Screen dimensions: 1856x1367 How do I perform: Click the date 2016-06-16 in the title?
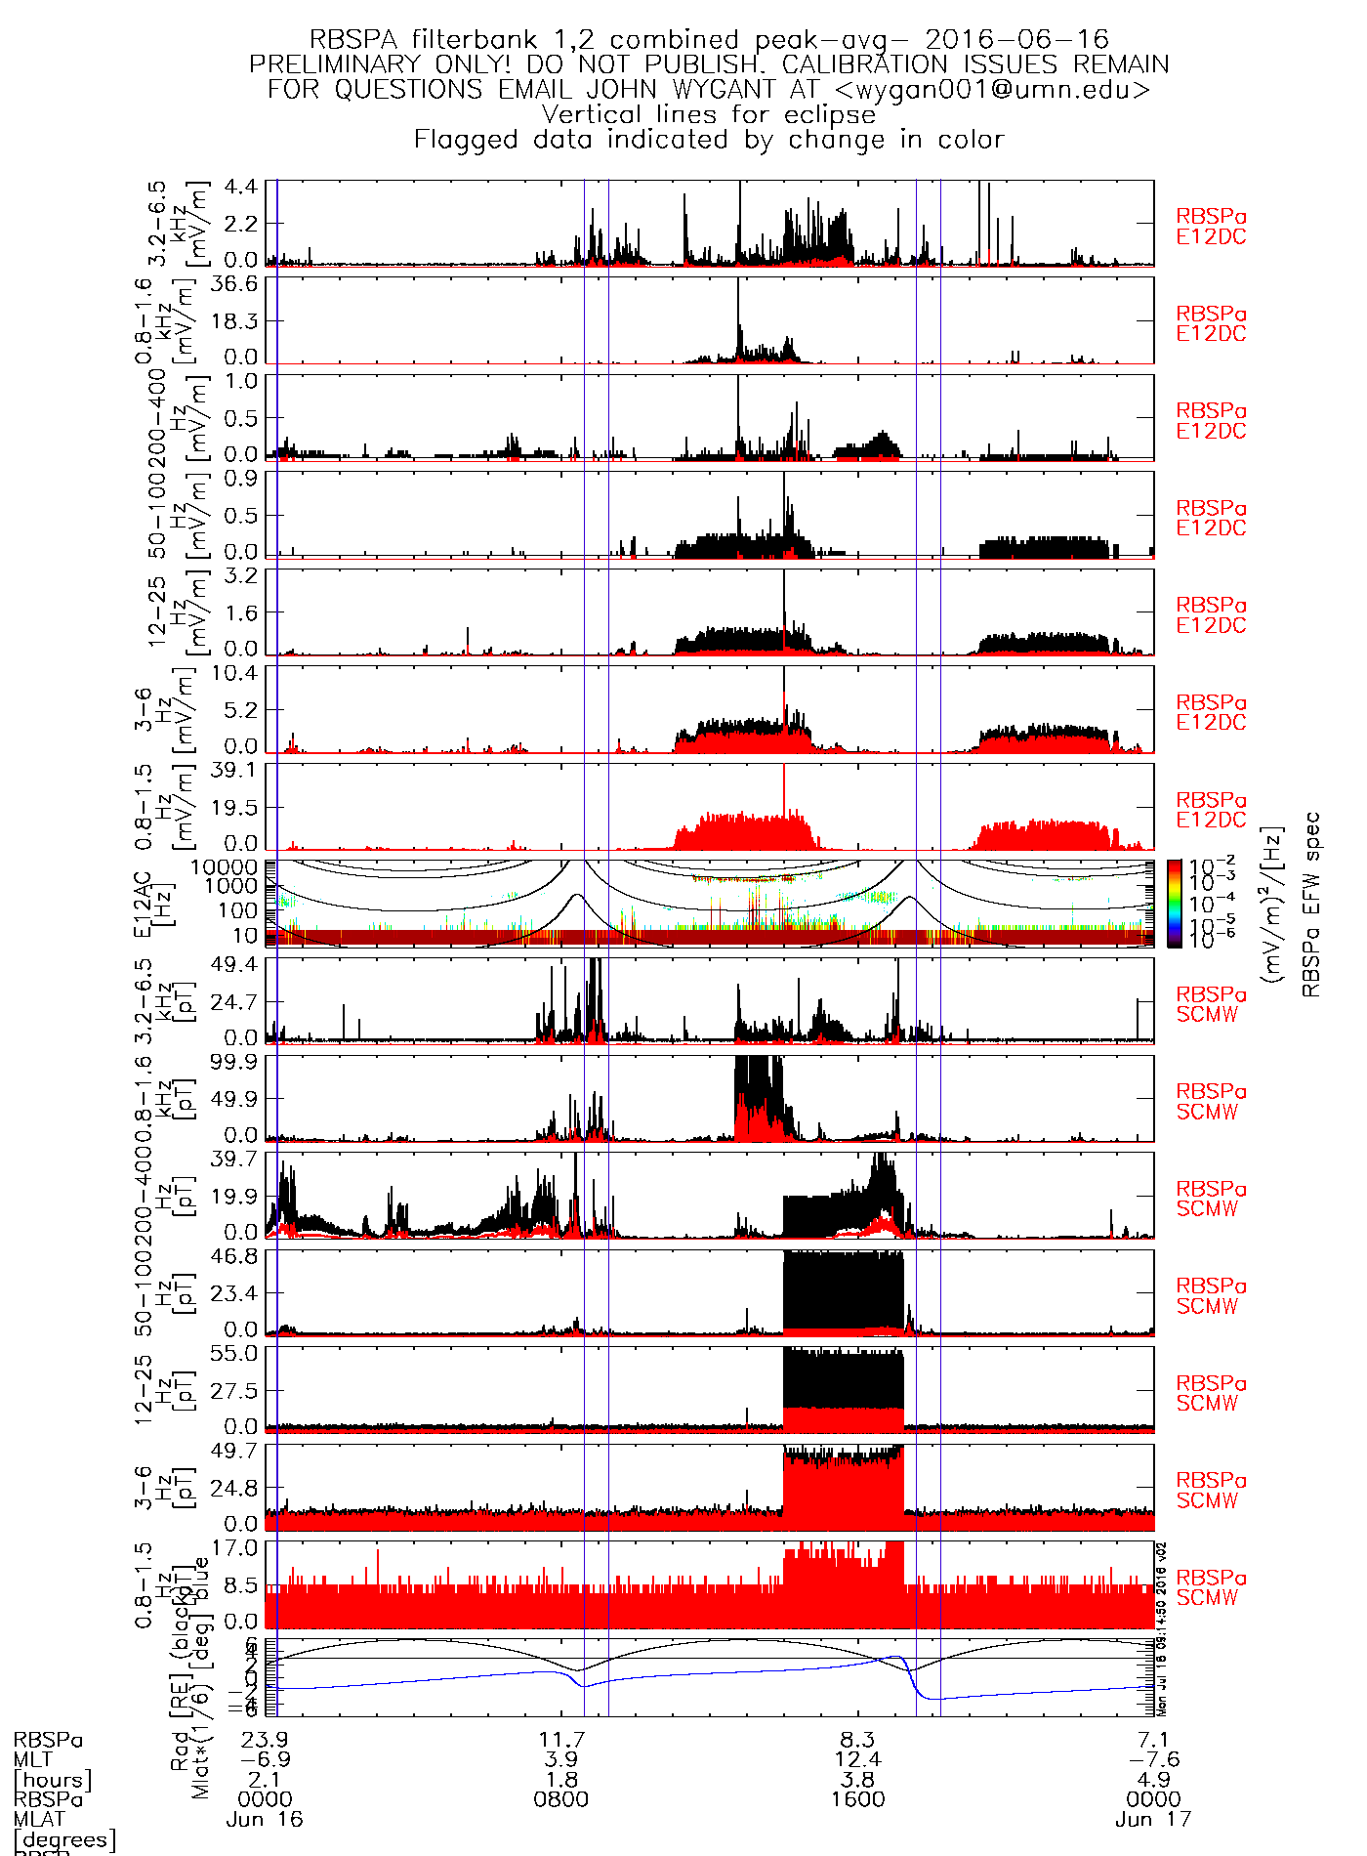click(1016, 40)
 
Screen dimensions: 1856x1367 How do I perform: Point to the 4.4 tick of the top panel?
click(241, 187)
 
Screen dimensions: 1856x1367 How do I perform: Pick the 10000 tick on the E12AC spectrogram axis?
click(226, 867)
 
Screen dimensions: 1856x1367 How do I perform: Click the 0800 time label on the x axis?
click(561, 1799)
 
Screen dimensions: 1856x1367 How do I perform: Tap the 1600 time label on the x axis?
click(857, 1799)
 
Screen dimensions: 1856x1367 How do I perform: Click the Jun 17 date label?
click(1153, 1820)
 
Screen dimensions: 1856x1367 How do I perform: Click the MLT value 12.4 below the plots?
click(857, 1759)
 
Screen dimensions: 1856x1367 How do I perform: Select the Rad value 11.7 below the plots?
click(561, 1740)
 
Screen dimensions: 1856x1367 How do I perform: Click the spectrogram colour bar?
click(1174, 904)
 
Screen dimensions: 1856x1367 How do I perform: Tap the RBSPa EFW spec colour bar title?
click(1311, 904)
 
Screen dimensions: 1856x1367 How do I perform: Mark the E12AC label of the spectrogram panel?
click(144, 904)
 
